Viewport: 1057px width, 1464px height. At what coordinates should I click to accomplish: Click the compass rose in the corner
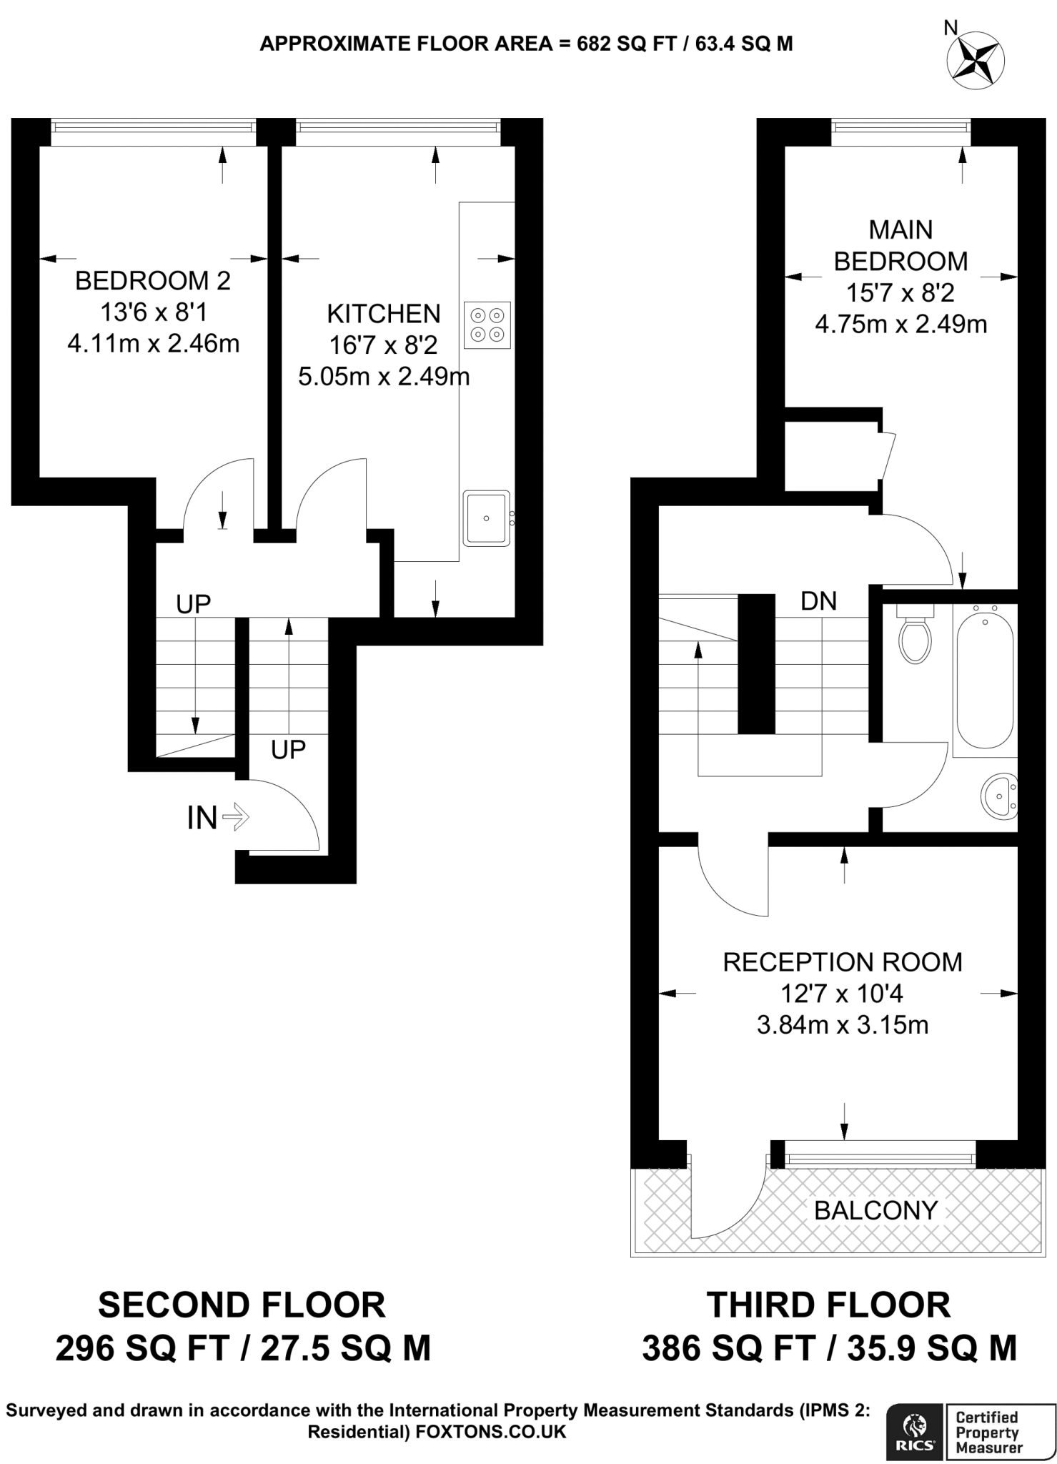tap(975, 61)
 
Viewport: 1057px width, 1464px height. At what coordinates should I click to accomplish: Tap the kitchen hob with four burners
tap(487, 325)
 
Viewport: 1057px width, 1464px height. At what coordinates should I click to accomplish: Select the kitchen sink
tap(486, 518)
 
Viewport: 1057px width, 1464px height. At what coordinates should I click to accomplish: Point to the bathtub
tap(985, 676)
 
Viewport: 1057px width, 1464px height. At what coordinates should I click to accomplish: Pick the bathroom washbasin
tap(999, 794)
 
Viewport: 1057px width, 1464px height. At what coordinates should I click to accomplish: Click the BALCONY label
tap(875, 1210)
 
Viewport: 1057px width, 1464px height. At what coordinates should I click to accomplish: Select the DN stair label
tap(818, 601)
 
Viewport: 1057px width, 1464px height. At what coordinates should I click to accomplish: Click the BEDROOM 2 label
tap(153, 281)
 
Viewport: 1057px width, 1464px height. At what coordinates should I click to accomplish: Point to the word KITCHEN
tap(384, 314)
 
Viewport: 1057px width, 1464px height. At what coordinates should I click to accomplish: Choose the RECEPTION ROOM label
tap(843, 962)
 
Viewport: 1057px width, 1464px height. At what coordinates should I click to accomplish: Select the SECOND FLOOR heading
tap(242, 1305)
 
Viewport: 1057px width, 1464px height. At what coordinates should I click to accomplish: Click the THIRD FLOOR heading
tap(829, 1305)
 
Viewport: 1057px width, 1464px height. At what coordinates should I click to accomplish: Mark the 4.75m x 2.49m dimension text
tap(900, 325)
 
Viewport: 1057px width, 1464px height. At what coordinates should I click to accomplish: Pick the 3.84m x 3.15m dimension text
tap(843, 1025)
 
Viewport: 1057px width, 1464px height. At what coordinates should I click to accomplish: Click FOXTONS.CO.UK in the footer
tap(490, 1432)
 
